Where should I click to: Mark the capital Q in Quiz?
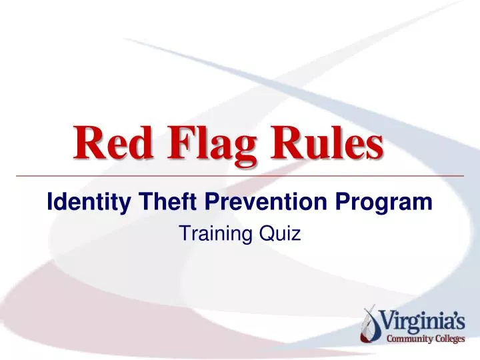[269, 233]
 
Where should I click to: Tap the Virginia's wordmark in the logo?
[423, 323]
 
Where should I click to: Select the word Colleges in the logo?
[449, 339]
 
